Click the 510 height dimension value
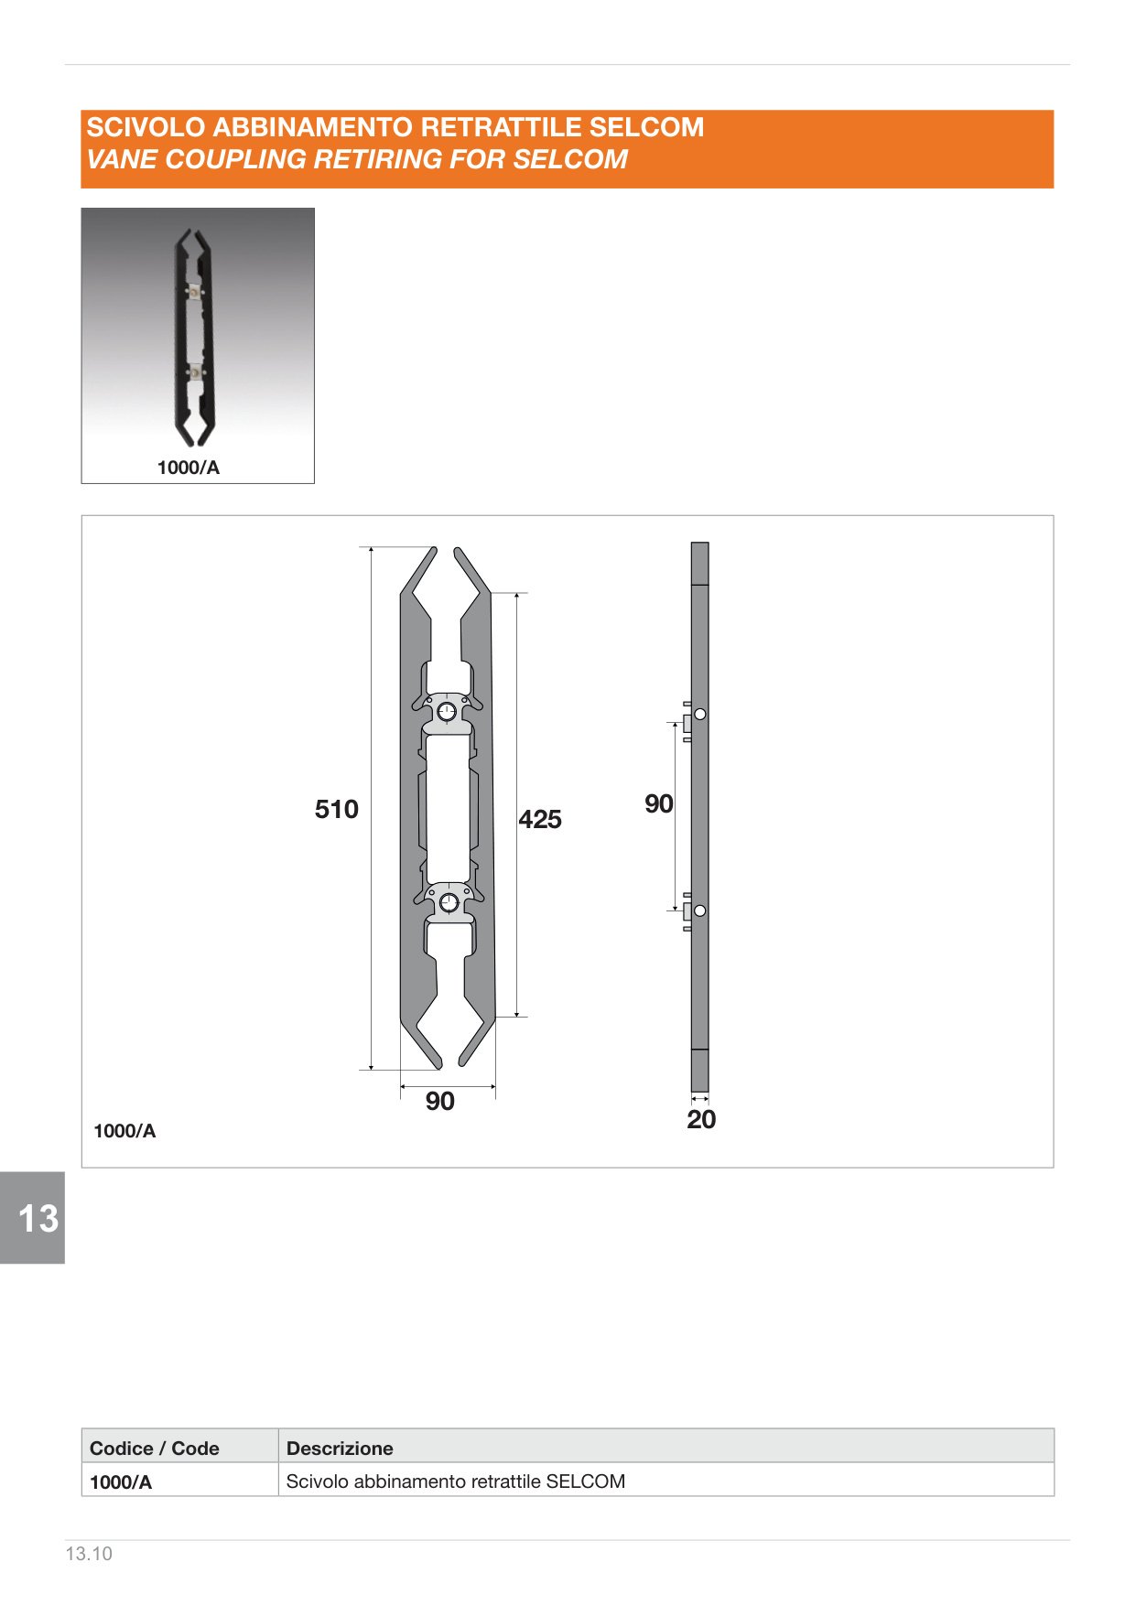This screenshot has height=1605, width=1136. tap(336, 809)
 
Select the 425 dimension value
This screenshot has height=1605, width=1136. tap(540, 819)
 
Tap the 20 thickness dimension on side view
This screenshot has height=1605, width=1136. tap(701, 1119)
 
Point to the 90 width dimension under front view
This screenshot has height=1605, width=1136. tap(440, 1101)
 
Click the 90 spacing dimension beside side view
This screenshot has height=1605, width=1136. tap(659, 803)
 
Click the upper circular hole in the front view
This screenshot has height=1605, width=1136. tap(447, 712)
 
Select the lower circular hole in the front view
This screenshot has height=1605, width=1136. tap(449, 903)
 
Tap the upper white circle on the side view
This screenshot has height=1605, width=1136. tap(700, 714)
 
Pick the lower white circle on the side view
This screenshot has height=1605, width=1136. tap(700, 910)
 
